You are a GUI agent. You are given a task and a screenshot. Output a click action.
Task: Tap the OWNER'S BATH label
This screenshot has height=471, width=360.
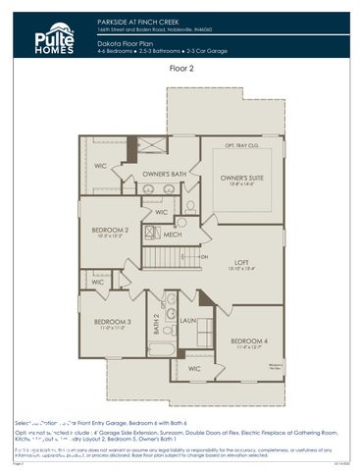tap(164, 174)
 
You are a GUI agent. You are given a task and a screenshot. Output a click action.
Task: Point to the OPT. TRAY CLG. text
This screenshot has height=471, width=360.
tap(241, 145)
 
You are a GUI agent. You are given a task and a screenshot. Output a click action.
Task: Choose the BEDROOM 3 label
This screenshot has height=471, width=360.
tap(113, 323)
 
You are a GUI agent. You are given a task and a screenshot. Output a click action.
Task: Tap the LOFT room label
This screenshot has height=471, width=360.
tap(242, 263)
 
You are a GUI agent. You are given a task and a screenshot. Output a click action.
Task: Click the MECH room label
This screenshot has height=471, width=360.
tap(173, 235)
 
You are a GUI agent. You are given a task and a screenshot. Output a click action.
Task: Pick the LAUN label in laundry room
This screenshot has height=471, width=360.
tap(188, 320)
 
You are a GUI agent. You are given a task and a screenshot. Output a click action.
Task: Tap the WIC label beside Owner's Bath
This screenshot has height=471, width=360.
tap(101, 166)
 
